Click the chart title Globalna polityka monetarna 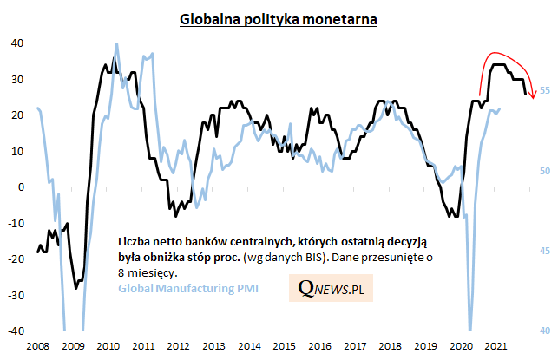click(x=279, y=19)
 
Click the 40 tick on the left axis click(x=16, y=43)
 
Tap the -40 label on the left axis click(x=14, y=331)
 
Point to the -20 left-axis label click(x=14, y=259)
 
